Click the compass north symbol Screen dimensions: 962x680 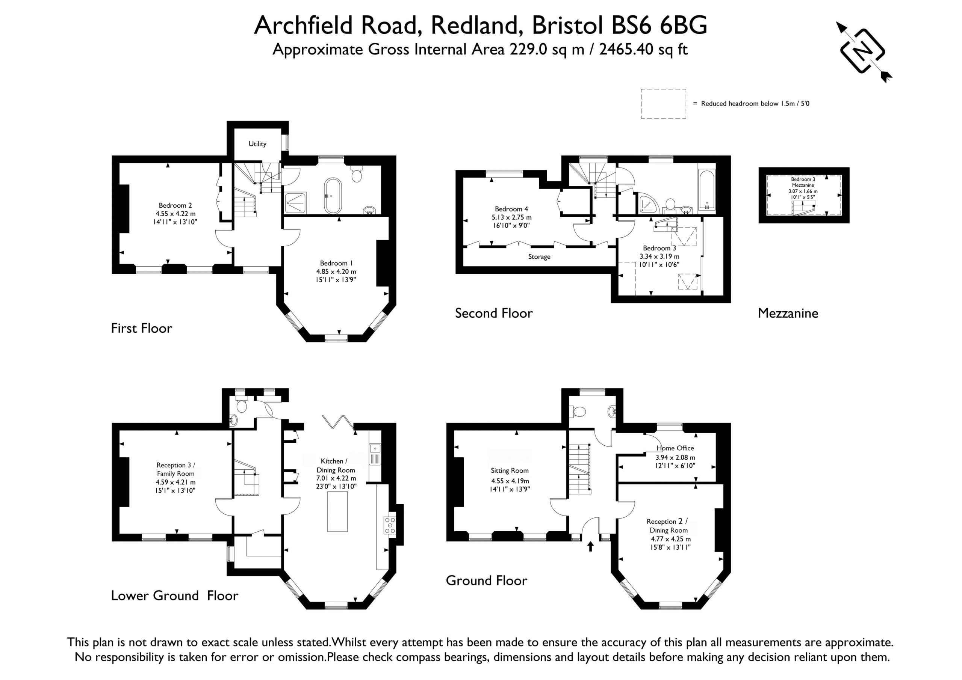tap(864, 52)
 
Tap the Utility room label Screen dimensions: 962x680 tap(257, 143)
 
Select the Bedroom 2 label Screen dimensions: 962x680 tap(175, 205)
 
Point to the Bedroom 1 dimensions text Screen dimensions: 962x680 tap(336, 276)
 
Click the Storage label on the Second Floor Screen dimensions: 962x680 tap(539, 257)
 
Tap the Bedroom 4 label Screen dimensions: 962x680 tap(511, 209)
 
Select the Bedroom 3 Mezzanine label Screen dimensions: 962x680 tap(803, 182)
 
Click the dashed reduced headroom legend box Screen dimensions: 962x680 tap(663, 104)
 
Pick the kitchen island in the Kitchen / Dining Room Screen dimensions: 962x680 tap(337, 511)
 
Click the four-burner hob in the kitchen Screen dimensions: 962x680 tap(390, 525)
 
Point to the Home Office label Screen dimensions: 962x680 tap(675, 448)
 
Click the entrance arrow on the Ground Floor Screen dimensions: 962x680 tap(591, 546)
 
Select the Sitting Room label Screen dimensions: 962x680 tap(510, 470)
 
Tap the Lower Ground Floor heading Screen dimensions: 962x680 tap(174, 596)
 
